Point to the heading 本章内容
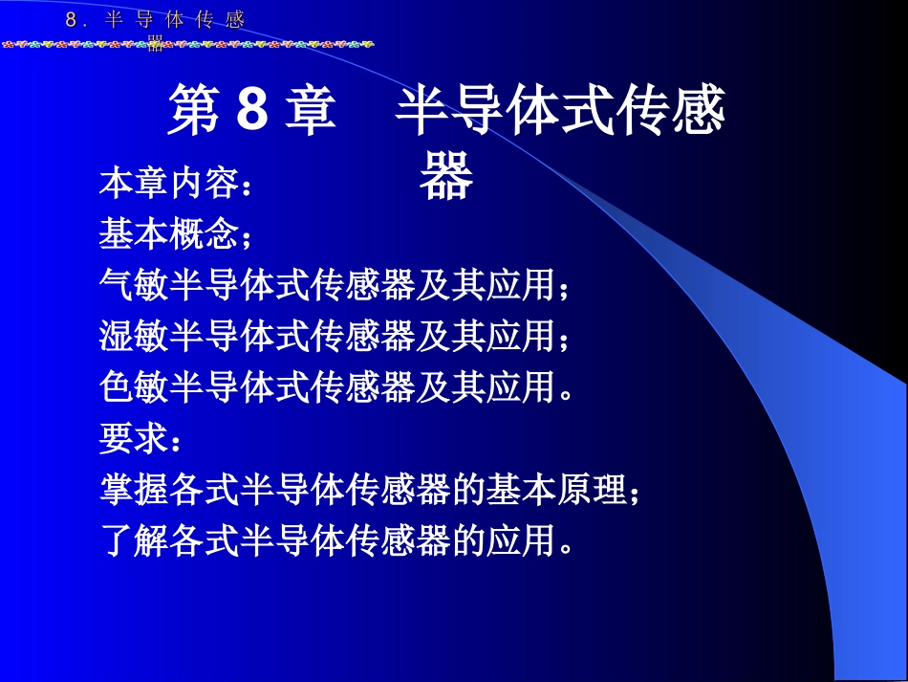167,183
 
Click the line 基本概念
167,233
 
